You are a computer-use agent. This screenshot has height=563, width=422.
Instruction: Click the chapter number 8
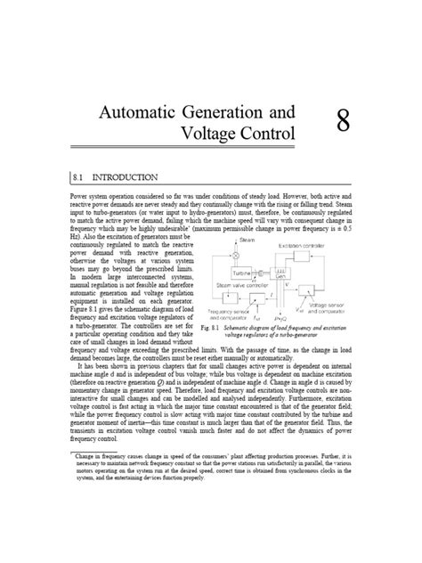342,121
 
